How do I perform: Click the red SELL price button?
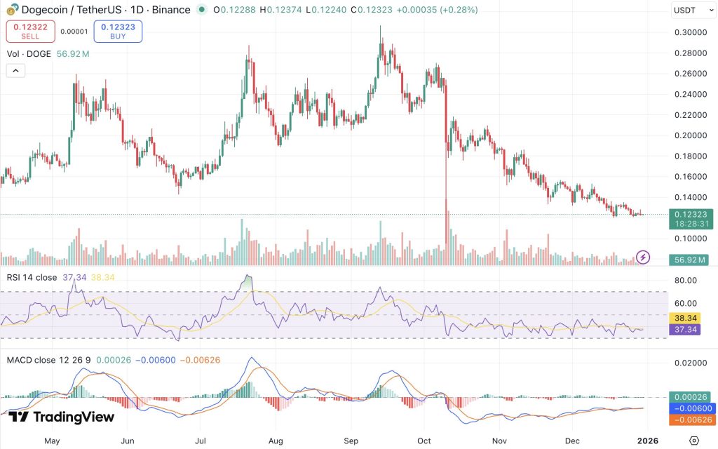30,31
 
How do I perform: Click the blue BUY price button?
118,31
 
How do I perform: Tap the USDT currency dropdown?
693,10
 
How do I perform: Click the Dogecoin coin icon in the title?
13,9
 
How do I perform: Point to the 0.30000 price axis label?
691,32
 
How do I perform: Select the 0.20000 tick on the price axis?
691,135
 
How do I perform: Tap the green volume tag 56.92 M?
689,260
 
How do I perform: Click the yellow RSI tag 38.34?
685,318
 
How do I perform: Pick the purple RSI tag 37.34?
685,330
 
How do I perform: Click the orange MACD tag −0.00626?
691,420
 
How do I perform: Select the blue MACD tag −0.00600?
691,408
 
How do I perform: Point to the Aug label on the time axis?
276,441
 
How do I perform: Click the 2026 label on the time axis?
647,441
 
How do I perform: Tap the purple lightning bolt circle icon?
643,257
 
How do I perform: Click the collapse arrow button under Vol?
15,71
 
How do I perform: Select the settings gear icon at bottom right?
694,441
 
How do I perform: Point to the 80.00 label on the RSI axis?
686,281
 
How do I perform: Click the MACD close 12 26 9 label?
48,360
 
